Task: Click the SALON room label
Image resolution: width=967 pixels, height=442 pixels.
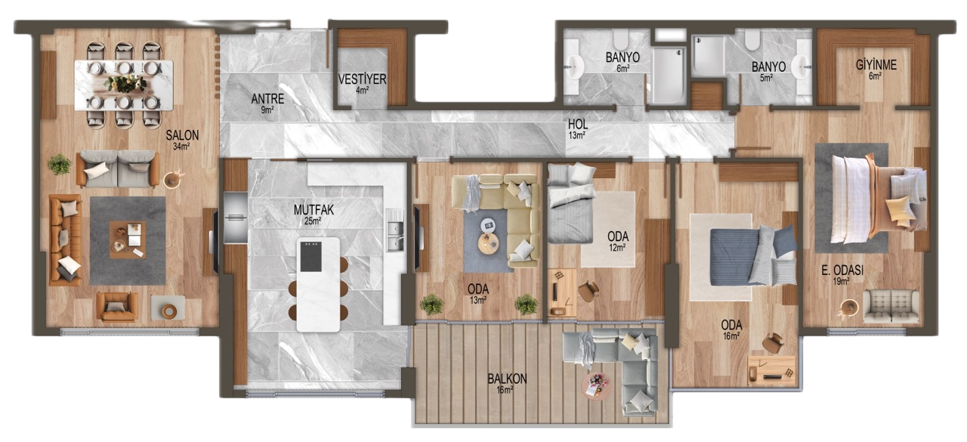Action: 182,135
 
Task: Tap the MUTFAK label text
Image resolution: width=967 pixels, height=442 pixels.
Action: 314,210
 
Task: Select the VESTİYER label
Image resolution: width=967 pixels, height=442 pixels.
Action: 362,79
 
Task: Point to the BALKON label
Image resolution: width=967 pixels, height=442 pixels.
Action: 507,379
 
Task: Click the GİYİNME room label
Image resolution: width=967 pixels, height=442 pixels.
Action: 876,65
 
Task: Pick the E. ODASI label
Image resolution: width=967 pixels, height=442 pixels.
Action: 842,270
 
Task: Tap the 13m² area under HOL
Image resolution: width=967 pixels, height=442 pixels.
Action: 576,135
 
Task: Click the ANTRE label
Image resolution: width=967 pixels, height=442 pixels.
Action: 267,99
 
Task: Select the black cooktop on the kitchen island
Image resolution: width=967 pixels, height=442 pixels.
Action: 310,256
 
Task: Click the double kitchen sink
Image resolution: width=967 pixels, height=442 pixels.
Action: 395,235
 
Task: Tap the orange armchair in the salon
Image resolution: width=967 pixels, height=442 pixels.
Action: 117,306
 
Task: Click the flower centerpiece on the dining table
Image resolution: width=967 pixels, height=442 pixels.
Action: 125,84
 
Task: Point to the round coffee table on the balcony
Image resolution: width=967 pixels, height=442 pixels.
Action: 597,386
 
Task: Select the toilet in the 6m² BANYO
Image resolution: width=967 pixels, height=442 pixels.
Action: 622,40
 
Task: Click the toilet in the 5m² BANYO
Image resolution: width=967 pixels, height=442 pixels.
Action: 752,40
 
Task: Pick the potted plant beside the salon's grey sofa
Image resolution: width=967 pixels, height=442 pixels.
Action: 59,165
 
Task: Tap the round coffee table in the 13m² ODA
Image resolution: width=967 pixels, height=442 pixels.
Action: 488,243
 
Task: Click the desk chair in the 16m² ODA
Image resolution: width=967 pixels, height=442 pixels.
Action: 772,343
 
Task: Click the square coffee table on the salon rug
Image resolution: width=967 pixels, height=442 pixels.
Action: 128,240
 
